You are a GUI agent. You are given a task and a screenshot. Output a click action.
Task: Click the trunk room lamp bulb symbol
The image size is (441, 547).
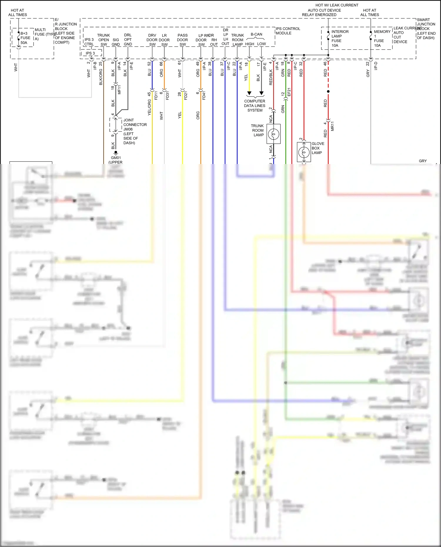pyautogui.click(x=273, y=134)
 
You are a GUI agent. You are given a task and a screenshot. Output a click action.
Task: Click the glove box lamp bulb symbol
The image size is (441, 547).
pyautogui.click(x=304, y=152)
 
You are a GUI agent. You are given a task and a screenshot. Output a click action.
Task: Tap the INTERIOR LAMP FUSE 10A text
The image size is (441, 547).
pyautogui.click(x=340, y=39)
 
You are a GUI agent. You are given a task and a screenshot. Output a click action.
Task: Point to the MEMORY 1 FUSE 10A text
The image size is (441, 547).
pyautogui.click(x=382, y=39)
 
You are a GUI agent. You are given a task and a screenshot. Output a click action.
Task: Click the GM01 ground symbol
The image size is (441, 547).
pyautogui.click(x=116, y=153)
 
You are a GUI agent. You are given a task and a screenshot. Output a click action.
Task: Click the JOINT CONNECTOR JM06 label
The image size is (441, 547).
pyautogui.click(x=134, y=131)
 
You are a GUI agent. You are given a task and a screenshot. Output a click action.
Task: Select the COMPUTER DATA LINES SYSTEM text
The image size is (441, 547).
pyautogui.click(x=255, y=106)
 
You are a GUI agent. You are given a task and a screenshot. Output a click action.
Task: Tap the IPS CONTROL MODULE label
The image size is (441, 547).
pyautogui.click(x=288, y=31)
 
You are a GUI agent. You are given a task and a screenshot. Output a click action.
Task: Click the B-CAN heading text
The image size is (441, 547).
pyautogui.click(x=256, y=34)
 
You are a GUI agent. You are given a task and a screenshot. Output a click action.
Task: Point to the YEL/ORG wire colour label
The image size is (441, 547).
pyautogui.click(x=149, y=107)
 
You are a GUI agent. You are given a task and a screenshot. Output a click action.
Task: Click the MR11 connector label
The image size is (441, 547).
pyautogui.click(x=333, y=126)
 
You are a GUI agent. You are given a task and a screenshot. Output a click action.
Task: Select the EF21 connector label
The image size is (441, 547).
pyautogui.click(x=289, y=92)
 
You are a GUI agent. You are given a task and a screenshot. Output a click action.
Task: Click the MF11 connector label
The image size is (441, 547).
pyautogui.click(x=119, y=90)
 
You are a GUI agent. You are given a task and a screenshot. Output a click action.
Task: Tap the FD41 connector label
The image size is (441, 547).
pyautogui.click(x=204, y=96)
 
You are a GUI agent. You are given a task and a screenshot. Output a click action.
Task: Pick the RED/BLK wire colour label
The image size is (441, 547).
pyautogui.click(x=271, y=77)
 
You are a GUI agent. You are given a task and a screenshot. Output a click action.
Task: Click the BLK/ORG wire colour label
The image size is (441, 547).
pyautogui.click(x=101, y=77)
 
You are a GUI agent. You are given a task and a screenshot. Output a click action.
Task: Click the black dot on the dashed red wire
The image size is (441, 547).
pyautogui.click(x=328, y=91)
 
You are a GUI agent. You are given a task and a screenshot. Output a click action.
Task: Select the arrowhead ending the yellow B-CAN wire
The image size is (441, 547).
pyautogui.click(x=249, y=93)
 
